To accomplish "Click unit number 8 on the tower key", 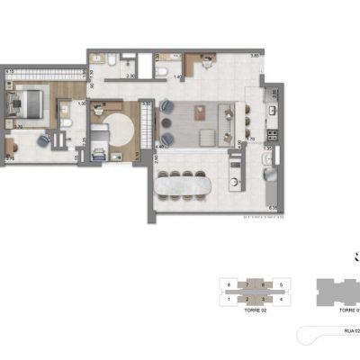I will pos(230,284).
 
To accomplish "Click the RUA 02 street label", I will pos(351,331).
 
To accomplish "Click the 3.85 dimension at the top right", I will pos(255,56).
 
